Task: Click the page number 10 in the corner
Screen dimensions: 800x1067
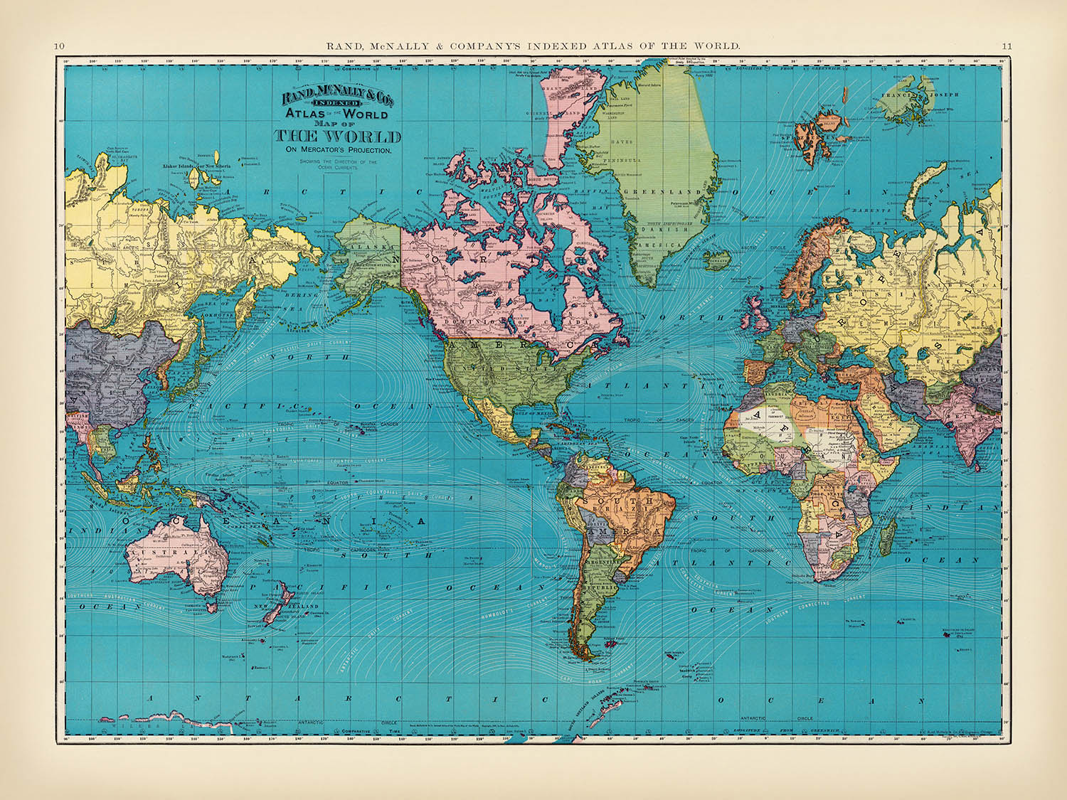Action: point(59,46)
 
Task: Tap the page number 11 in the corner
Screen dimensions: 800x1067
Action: point(1007,46)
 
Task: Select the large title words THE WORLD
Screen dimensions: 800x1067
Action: point(338,137)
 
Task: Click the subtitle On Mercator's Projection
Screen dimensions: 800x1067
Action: point(338,150)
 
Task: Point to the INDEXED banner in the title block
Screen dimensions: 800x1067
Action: point(339,103)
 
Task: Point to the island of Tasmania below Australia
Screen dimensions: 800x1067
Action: point(211,605)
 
